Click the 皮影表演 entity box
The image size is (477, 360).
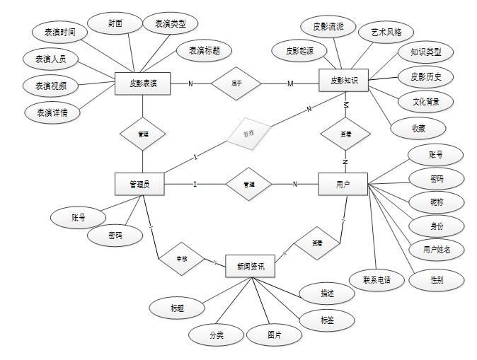[143, 84]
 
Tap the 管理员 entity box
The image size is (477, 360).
[139, 185]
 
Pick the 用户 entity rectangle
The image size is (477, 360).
[343, 185]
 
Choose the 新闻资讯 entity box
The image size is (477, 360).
[250, 266]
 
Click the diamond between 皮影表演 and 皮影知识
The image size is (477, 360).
[237, 83]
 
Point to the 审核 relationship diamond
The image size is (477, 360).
[182, 259]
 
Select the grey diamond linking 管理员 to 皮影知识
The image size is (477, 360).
[248, 133]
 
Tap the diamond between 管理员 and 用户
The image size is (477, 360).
[248, 185]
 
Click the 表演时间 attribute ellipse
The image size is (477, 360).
[61, 32]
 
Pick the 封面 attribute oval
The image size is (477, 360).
[115, 23]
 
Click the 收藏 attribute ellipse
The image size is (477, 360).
[418, 128]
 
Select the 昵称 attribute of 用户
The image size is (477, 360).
[437, 202]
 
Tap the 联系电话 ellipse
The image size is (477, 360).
[377, 279]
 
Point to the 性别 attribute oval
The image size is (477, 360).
[437, 279]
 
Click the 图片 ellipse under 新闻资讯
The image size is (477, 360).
[274, 335]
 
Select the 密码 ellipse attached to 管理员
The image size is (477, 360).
[114, 236]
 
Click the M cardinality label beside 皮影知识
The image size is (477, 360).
[290, 84]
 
